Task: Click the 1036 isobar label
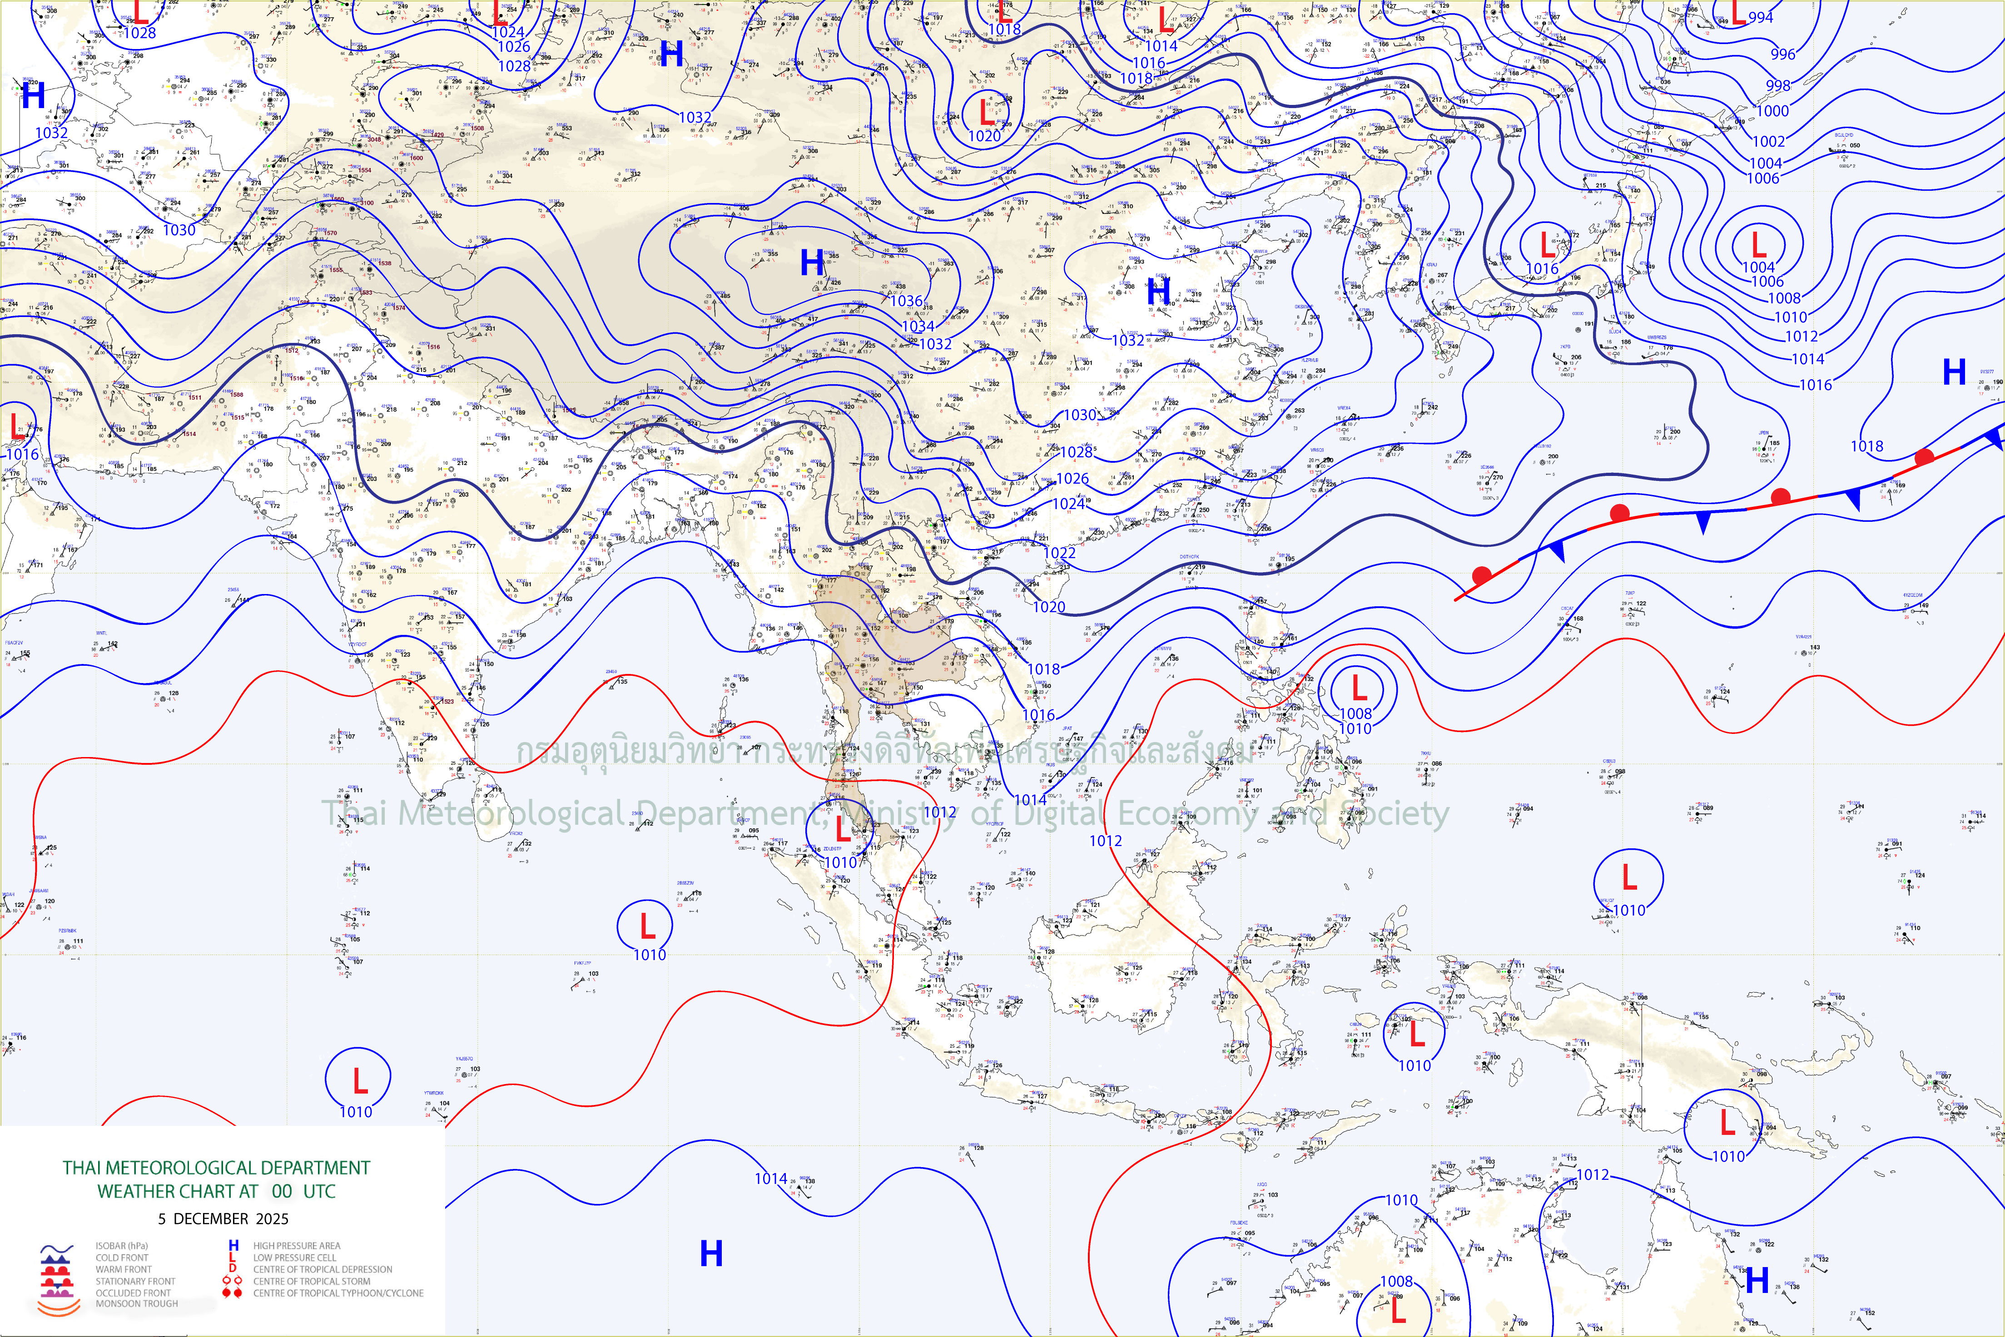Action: pos(906,301)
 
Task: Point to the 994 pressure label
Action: pos(1760,17)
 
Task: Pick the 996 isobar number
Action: pos(1782,54)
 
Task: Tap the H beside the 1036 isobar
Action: pos(812,262)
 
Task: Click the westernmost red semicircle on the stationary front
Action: pos(1482,575)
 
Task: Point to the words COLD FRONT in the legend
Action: pos(122,1258)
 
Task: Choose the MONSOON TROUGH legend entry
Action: pos(136,1304)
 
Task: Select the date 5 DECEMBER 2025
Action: pos(223,1218)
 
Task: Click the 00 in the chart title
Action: pos(282,1191)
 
